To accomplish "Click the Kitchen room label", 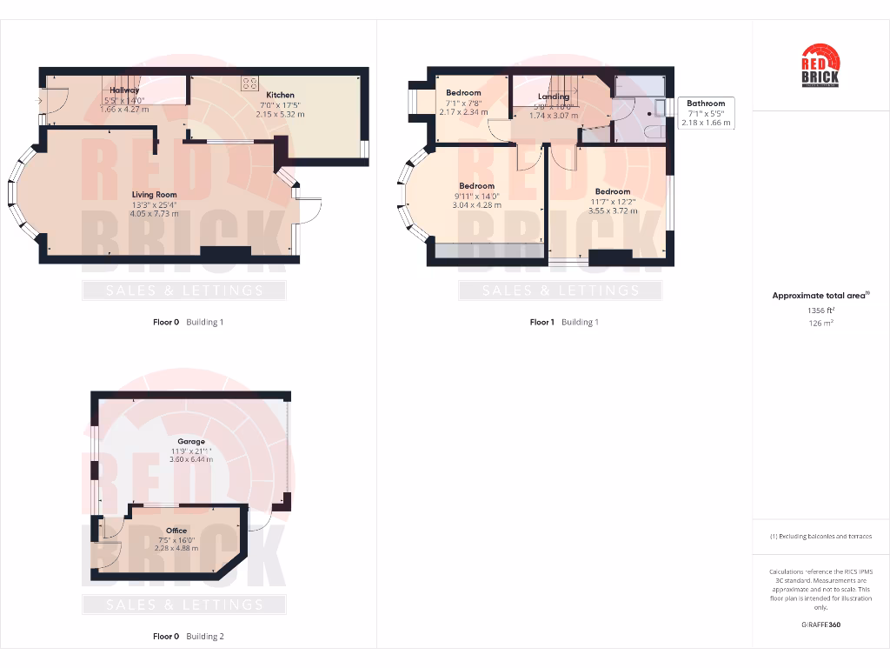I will [280, 95].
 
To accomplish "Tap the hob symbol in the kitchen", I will [249, 83].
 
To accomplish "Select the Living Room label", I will [155, 195].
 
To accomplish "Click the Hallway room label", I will [123, 90].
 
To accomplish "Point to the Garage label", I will [191, 442].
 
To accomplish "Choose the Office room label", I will [176, 530].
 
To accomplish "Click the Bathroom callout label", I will [705, 104].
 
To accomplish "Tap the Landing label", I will [553, 97].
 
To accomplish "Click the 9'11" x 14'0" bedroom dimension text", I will [476, 196].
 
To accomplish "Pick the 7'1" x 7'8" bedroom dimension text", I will [463, 103].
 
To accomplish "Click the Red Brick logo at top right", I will [820, 66].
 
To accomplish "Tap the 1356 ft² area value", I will [820, 310].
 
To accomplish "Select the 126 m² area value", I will [820, 323].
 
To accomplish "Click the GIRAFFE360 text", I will [820, 625].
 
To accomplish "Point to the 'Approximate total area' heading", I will [820, 296].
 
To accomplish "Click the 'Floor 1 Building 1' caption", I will [564, 322].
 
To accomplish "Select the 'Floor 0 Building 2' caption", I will [188, 637].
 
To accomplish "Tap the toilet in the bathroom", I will [655, 131].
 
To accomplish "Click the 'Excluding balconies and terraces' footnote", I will [820, 537].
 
